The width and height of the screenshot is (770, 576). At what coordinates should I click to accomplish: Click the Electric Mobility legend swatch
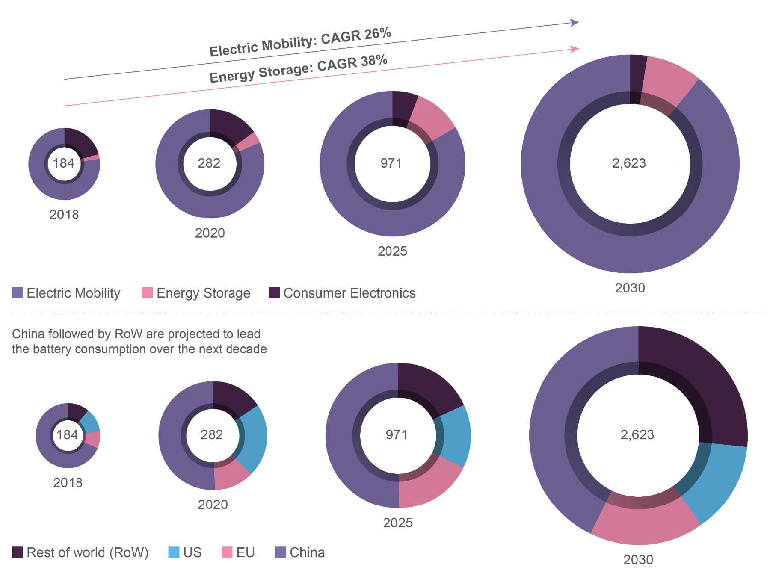(17, 293)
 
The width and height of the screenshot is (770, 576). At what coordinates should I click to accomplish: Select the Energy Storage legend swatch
(147, 293)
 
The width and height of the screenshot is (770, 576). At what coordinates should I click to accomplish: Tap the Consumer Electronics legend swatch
(274, 293)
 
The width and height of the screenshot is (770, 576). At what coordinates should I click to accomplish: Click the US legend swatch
(174, 552)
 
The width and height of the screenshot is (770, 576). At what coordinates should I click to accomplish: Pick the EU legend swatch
(227, 552)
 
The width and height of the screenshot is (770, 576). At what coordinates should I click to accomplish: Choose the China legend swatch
(280, 552)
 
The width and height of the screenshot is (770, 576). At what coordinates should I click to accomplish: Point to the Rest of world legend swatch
(17, 552)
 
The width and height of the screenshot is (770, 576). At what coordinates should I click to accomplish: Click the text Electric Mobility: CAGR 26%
(300, 42)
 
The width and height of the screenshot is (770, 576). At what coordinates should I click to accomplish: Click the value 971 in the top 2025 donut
(391, 163)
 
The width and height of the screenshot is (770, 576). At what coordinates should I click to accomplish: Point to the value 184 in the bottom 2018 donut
(67, 434)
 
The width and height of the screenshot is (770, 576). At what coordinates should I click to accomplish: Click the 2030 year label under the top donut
(630, 288)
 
